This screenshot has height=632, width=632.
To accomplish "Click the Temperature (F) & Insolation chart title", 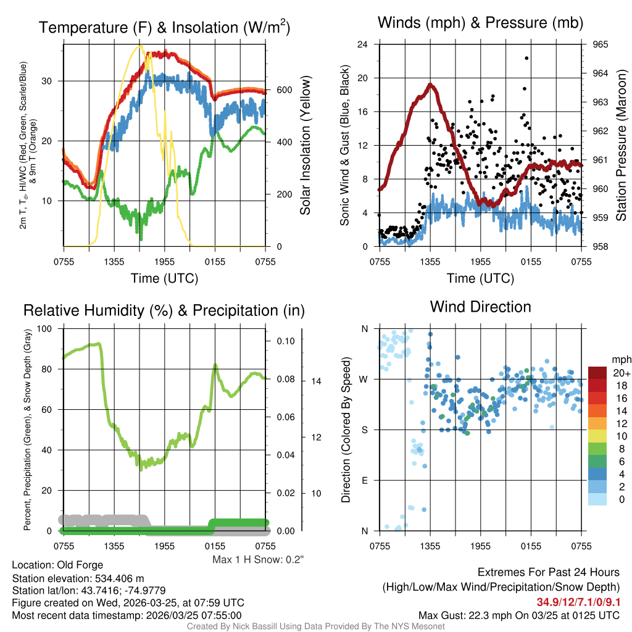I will (164, 28).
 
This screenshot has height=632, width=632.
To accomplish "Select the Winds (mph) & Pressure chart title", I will (481, 23).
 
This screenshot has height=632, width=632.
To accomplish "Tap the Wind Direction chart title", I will (480, 307).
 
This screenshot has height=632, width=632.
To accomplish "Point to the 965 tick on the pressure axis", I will (601, 44).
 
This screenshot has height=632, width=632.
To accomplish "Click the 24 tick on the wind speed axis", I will (363, 44).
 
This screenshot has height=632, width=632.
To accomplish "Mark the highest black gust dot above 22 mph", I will (526, 58).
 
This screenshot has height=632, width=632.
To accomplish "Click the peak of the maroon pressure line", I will (431, 85).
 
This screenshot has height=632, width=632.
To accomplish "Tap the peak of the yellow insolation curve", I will (141, 46).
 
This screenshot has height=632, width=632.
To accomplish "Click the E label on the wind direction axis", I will (364, 480).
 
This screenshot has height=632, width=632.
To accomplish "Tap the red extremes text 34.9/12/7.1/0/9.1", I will (578, 602).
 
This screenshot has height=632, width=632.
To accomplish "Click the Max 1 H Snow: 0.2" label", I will (258, 560).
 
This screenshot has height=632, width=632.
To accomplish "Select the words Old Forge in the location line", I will (80, 565).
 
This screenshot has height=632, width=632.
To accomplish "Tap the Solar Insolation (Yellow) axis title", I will (306, 146).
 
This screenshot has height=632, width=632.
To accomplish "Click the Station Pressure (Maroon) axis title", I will (621, 146).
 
